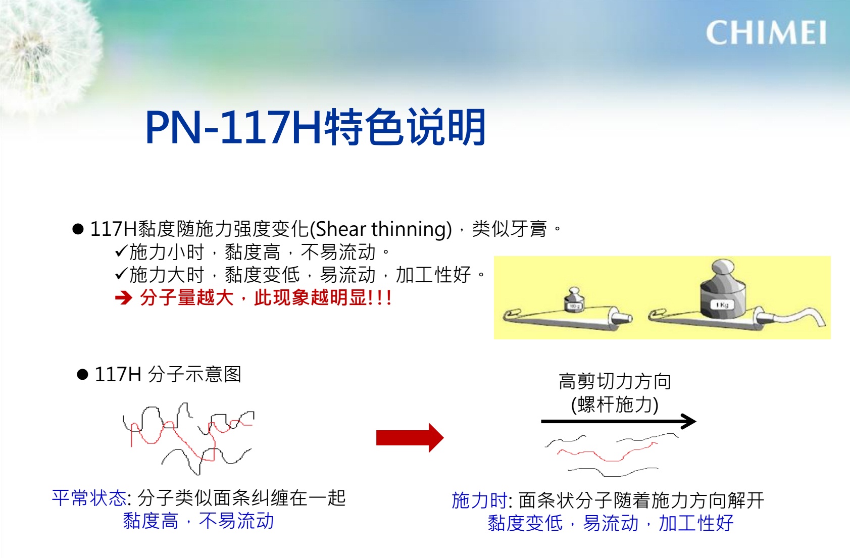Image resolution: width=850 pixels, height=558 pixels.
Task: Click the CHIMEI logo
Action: coord(766,33)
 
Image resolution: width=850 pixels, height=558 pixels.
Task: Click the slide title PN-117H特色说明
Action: coord(315,127)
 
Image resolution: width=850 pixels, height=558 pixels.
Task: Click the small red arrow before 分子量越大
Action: coord(123,298)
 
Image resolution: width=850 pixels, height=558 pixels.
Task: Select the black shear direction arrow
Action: coord(618,421)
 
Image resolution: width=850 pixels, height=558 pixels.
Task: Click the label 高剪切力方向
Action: coord(615,381)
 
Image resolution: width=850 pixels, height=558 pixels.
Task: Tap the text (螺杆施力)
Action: coord(615,404)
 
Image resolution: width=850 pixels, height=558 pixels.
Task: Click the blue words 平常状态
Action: coord(89,498)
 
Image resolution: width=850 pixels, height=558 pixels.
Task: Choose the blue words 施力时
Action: coord(479,500)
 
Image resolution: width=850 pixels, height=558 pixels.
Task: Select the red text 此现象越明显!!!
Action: coord(323,297)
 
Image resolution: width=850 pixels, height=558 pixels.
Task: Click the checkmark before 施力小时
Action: coord(121,251)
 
